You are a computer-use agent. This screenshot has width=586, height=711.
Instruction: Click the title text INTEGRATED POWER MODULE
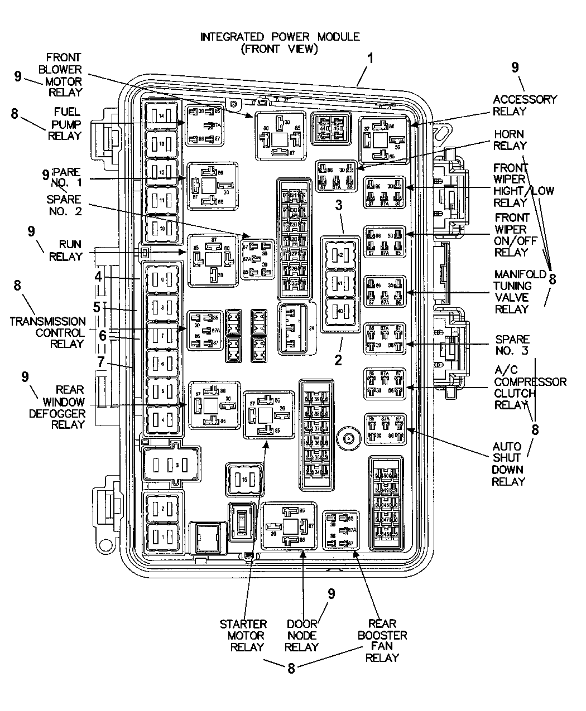coord(280,37)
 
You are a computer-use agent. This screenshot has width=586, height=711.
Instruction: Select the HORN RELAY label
coord(510,139)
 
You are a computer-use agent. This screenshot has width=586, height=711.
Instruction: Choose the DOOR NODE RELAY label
coord(301,635)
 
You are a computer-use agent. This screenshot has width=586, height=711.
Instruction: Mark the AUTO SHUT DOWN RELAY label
coord(508,463)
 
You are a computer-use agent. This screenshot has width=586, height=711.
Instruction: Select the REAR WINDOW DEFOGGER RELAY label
coord(66,407)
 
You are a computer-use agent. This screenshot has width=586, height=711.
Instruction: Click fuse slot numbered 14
coord(162,115)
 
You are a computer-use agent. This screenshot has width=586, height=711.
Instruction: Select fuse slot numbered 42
coord(341,255)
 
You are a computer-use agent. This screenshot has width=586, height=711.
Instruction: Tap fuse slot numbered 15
coord(244,479)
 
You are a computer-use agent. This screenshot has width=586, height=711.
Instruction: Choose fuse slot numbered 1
coord(162,536)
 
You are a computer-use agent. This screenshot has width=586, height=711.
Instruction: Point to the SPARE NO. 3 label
coord(511,345)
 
